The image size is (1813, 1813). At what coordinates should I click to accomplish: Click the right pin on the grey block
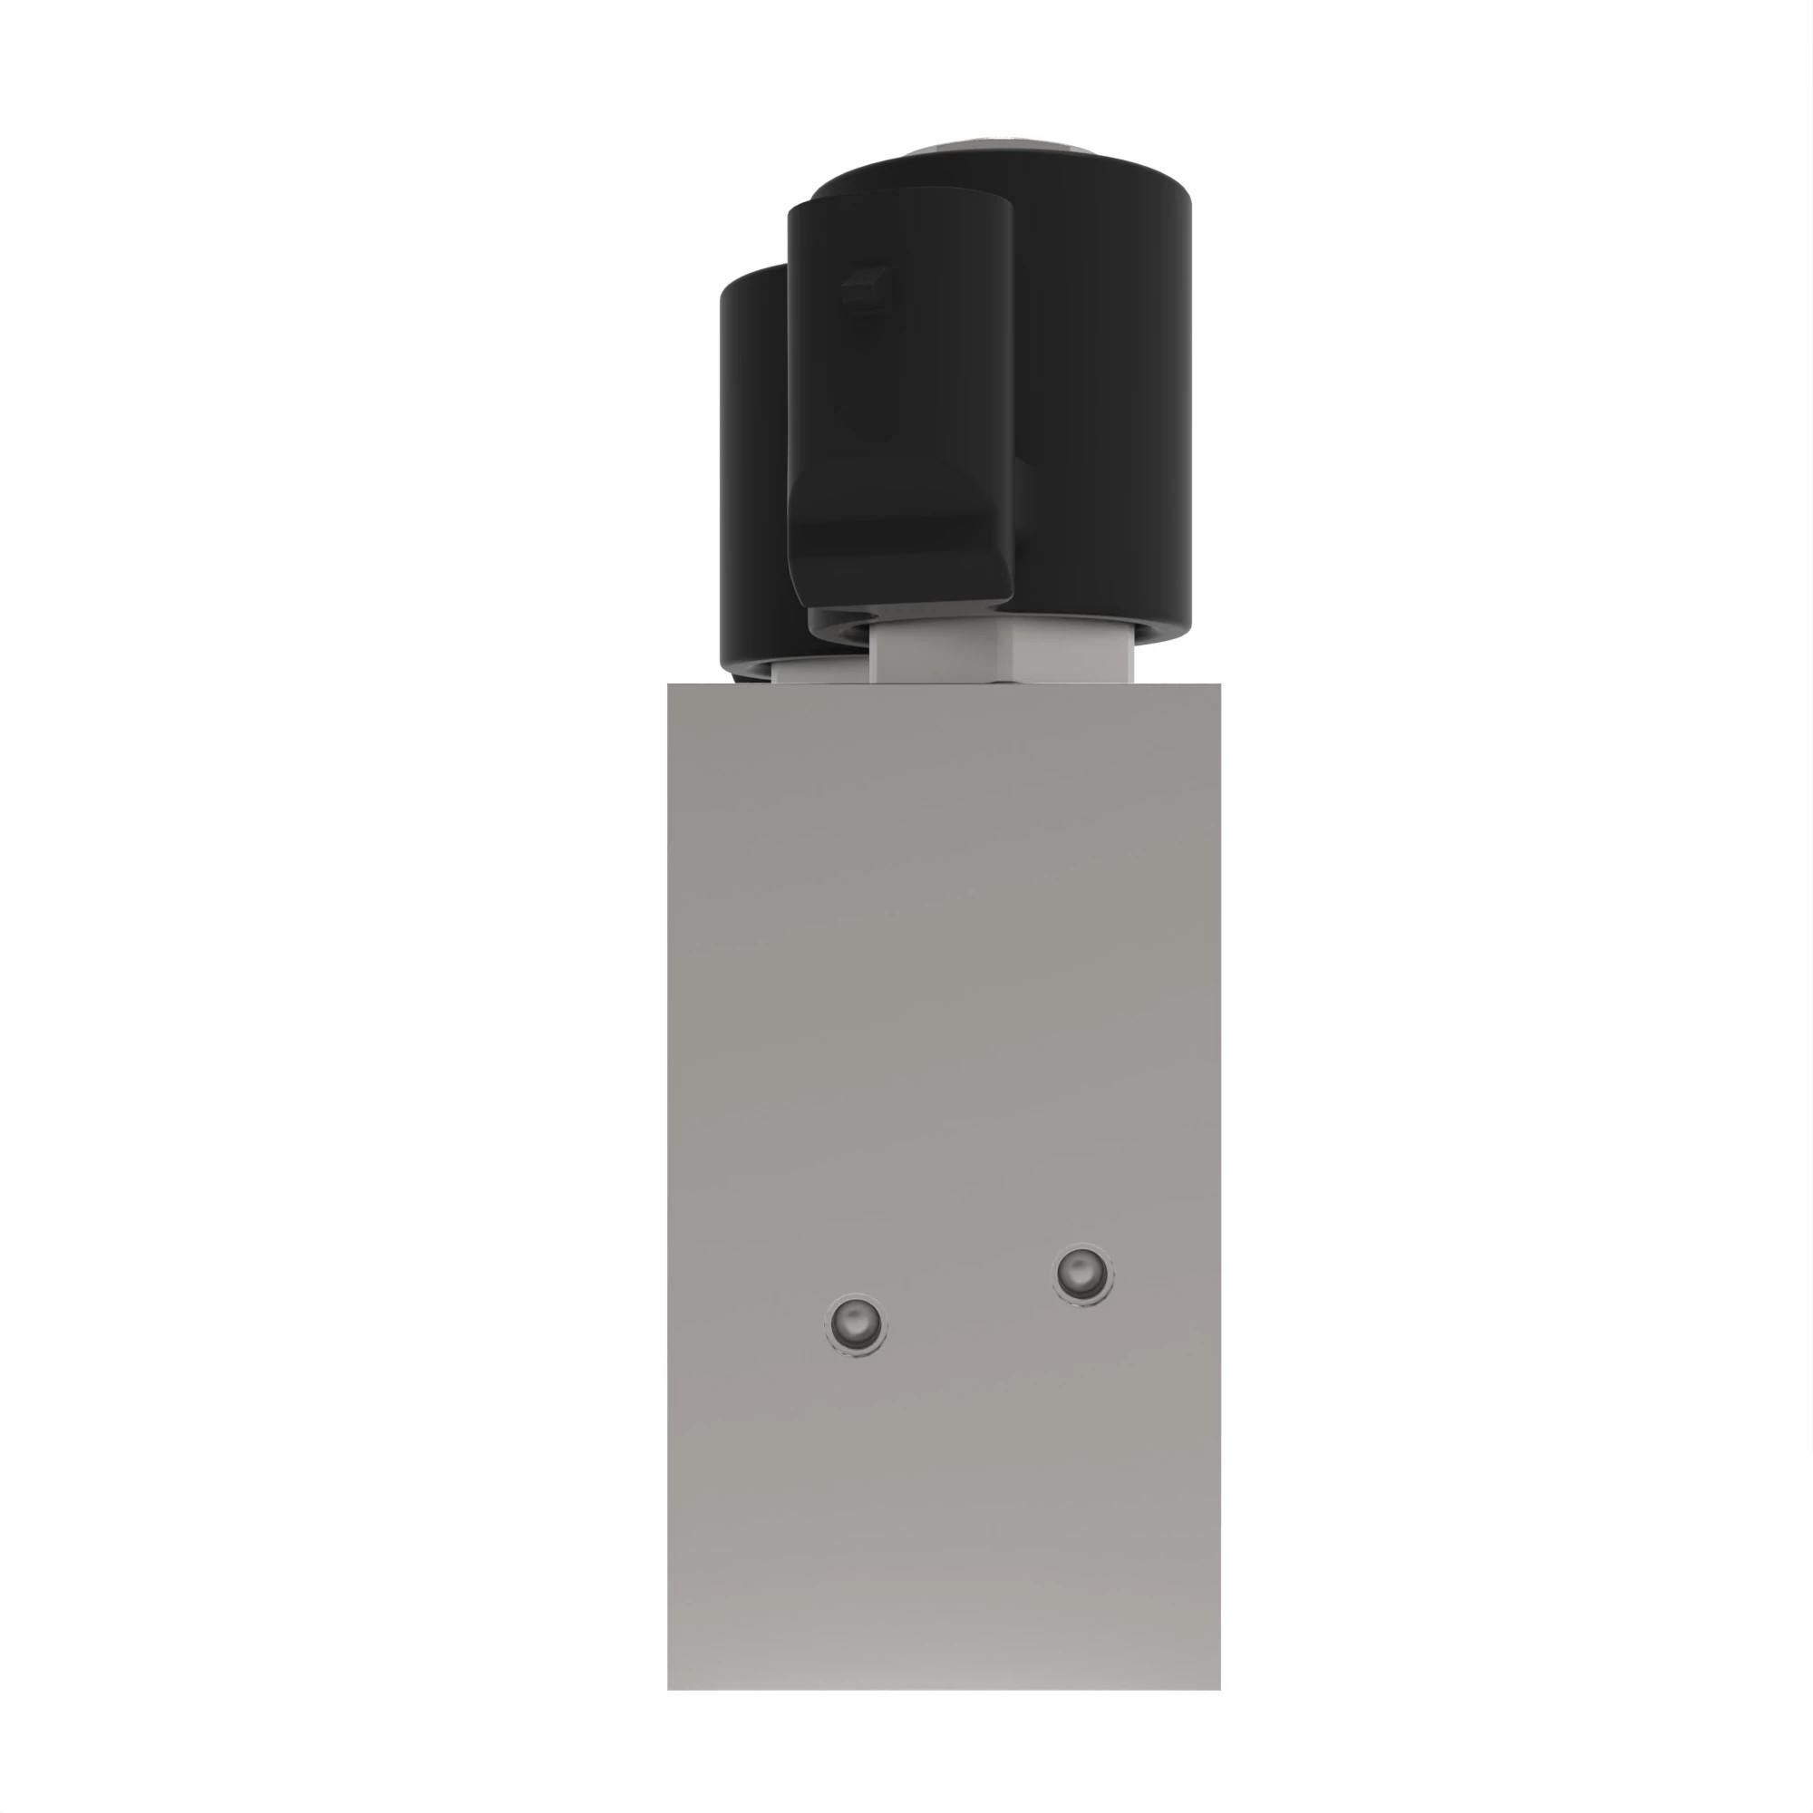point(1083,1275)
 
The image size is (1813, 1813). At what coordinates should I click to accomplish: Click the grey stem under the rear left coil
point(817,672)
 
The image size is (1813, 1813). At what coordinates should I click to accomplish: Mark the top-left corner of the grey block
point(669,685)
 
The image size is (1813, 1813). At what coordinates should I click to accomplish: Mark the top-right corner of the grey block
point(1220,685)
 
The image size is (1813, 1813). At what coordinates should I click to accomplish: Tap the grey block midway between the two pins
point(968,1299)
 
